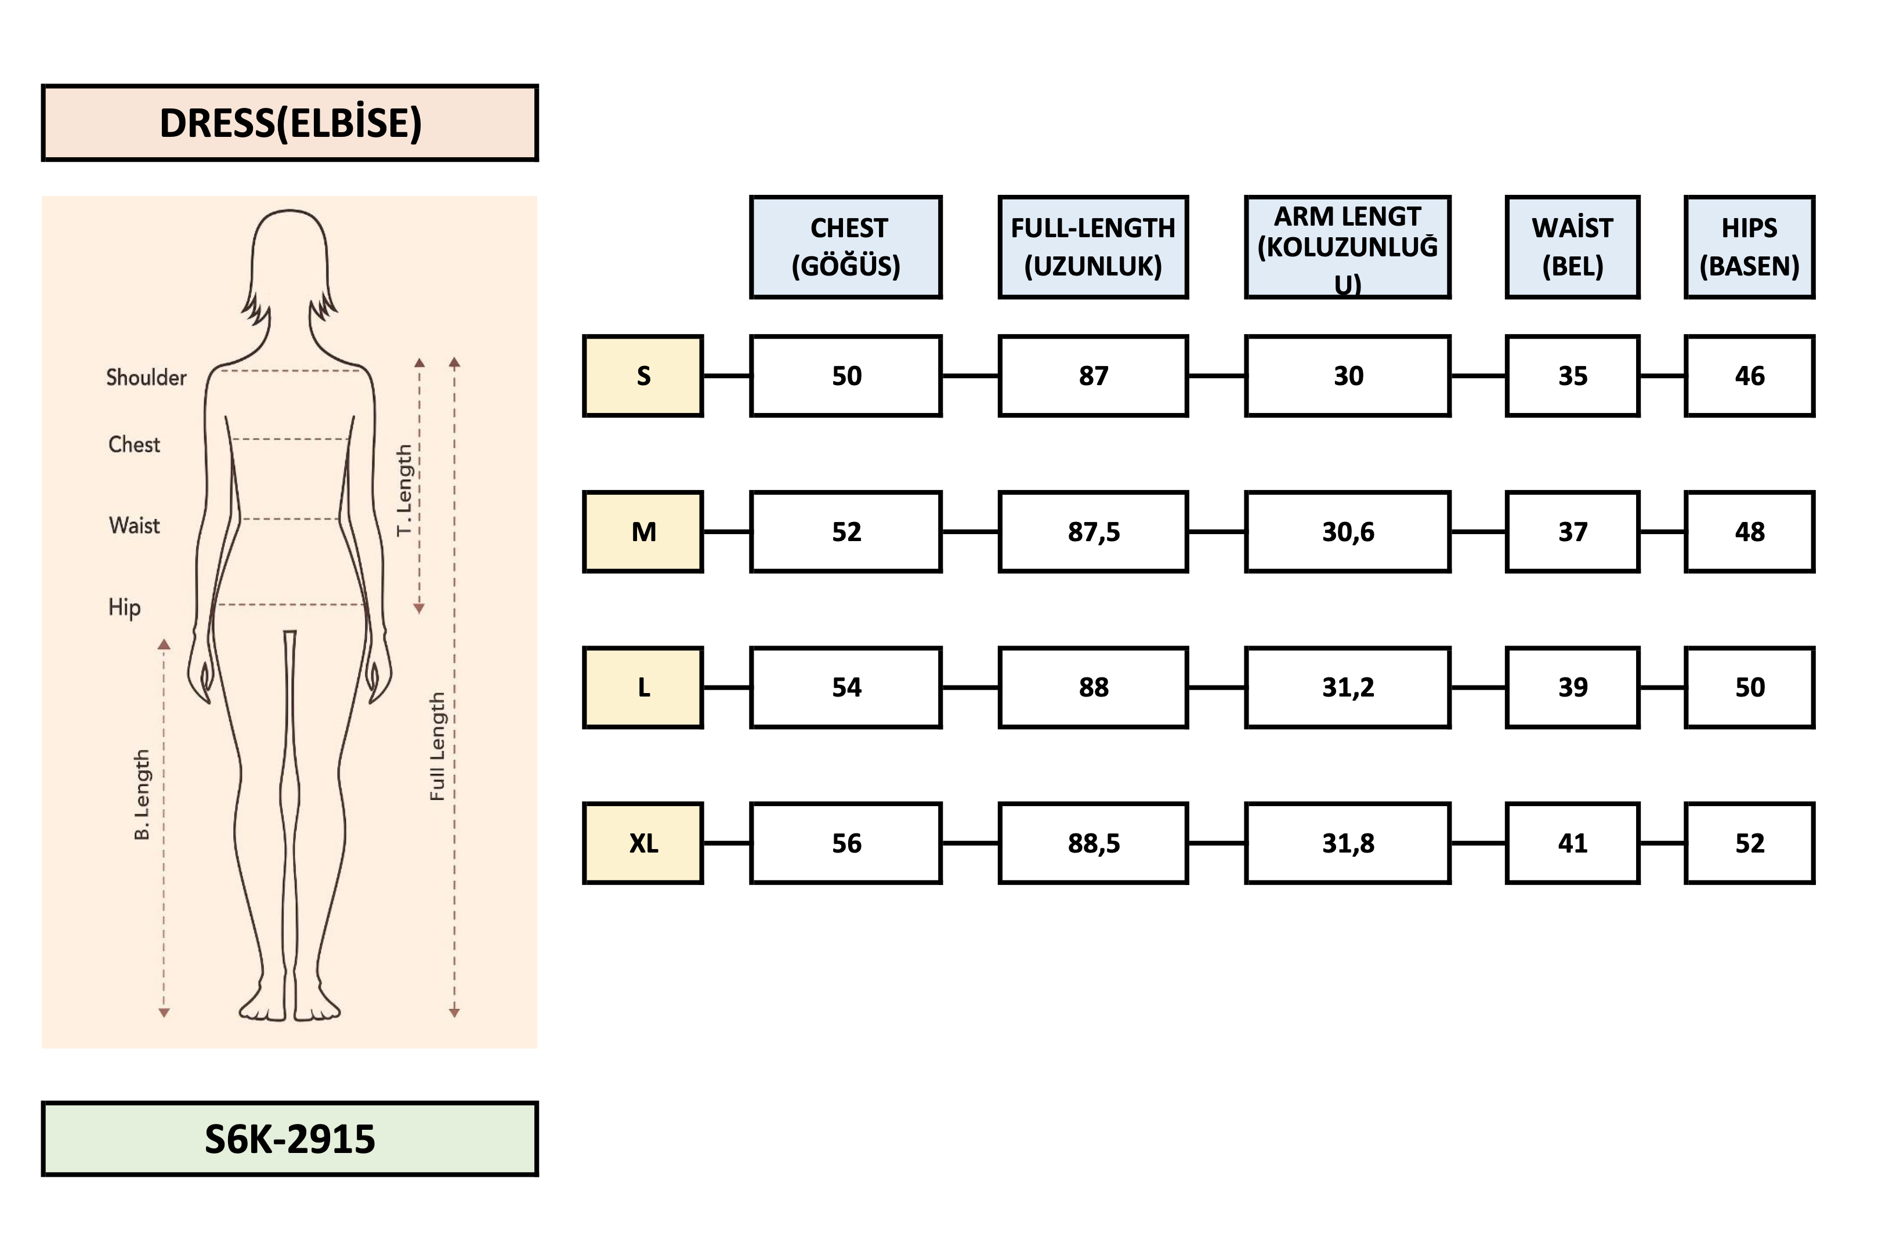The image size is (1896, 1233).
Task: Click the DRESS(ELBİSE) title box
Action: point(290,123)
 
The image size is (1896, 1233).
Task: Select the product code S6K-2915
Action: point(290,1138)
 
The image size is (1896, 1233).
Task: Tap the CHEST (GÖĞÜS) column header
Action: point(846,247)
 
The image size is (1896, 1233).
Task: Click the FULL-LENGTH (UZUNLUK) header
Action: point(1093,247)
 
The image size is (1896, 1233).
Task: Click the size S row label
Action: point(643,376)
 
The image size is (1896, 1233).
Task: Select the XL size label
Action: point(643,843)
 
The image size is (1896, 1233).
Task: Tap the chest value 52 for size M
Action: point(846,531)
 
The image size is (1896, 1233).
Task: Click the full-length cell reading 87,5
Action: point(1093,531)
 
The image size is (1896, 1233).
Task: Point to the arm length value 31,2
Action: point(1347,687)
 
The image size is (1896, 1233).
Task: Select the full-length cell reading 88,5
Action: point(1093,843)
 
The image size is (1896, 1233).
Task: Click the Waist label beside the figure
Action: point(134,525)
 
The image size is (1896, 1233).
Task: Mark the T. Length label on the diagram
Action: point(405,490)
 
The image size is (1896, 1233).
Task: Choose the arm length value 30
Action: point(1347,376)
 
